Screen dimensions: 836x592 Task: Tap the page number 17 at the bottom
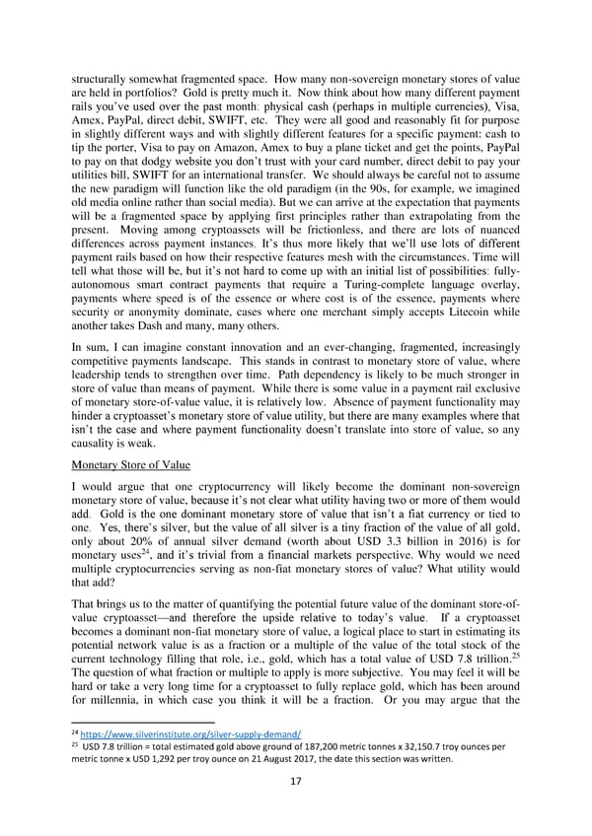pyautogui.click(x=295, y=783)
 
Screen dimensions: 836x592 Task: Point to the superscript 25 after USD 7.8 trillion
pyautogui.click(x=521, y=654)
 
